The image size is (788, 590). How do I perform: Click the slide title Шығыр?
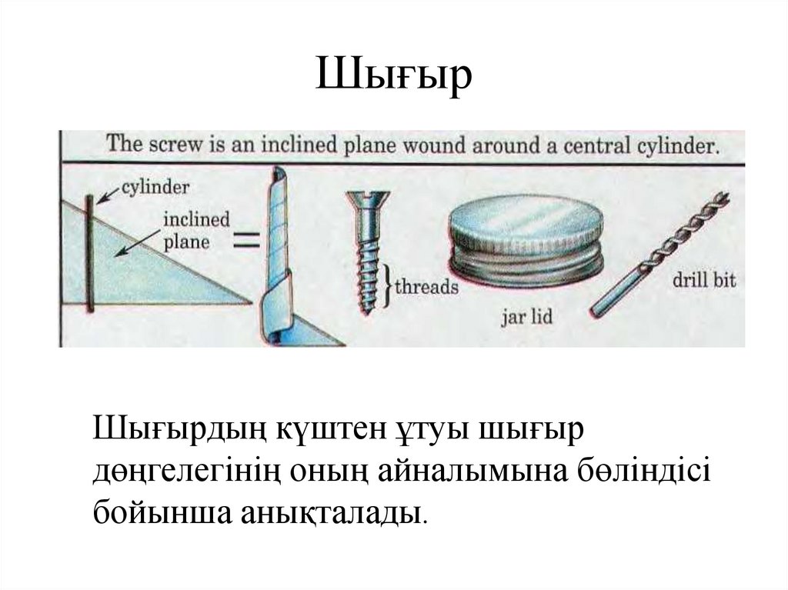pyautogui.click(x=393, y=77)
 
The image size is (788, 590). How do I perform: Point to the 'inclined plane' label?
pyautogui.click(x=196, y=230)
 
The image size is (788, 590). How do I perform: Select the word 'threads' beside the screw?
pyautogui.click(x=426, y=288)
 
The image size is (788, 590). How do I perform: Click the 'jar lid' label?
pyautogui.click(x=526, y=317)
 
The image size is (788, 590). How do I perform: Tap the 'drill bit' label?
pyautogui.click(x=703, y=278)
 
